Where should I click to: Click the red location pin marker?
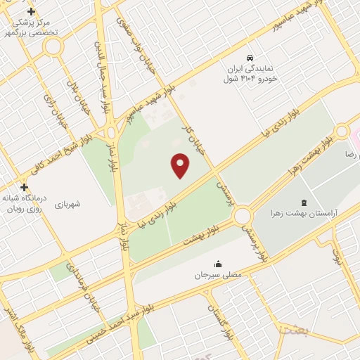(181, 165)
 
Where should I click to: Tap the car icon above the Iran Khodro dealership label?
(250, 56)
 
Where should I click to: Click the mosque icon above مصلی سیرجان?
(218, 264)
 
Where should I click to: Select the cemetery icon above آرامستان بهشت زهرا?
(303, 201)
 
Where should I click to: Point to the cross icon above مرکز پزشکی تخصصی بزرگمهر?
(32, 12)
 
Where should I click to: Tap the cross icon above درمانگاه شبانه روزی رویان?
(25, 187)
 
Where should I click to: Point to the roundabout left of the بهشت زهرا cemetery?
(243, 216)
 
